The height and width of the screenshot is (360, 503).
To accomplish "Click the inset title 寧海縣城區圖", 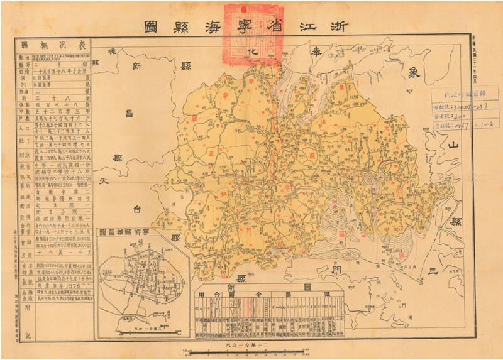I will pyautogui.click(x=144, y=232).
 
